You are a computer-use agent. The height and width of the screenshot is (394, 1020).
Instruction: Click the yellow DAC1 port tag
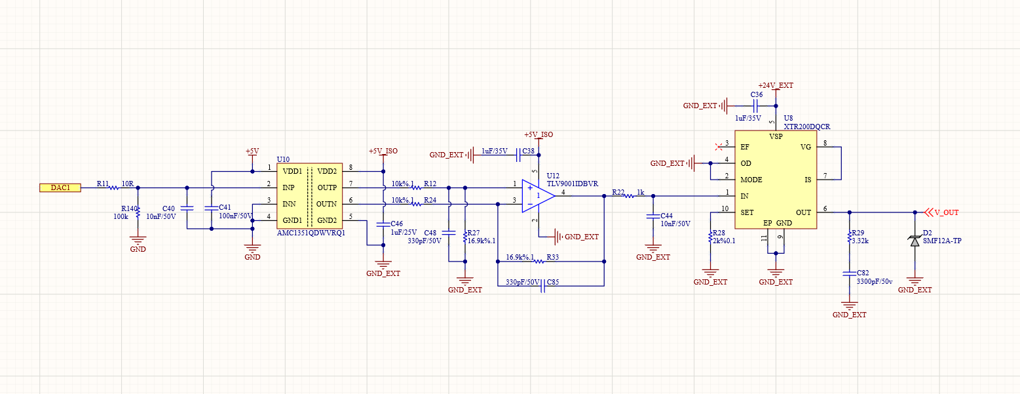tap(60, 187)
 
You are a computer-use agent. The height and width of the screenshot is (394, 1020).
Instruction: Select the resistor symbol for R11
tap(114, 187)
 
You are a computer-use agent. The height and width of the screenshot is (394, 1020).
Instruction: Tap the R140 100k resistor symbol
tap(138, 212)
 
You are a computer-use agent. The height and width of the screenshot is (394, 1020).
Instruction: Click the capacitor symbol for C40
tap(187, 208)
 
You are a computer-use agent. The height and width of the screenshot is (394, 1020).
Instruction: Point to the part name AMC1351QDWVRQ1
tap(311, 233)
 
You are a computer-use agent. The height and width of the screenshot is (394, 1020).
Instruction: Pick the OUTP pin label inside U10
tap(327, 187)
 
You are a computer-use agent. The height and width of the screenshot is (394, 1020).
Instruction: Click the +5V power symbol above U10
tap(252, 153)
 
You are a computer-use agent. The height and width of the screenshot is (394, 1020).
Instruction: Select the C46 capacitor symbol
tap(383, 224)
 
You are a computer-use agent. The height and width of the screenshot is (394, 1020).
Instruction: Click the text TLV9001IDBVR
tap(573, 184)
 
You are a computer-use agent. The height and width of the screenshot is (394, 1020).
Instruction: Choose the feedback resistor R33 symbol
tap(539, 262)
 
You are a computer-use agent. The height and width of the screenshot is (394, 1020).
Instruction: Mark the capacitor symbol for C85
tap(543, 286)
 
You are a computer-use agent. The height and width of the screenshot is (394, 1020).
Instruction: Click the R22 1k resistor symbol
tap(630, 196)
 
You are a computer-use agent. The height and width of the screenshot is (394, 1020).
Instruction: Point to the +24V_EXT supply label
tap(776, 85)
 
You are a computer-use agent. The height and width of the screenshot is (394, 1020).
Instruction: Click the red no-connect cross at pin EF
tap(719, 147)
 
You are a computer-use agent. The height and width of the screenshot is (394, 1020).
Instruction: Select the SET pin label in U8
tap(747, 212)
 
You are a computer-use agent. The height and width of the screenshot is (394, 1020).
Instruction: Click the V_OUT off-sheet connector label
tap(947, 212)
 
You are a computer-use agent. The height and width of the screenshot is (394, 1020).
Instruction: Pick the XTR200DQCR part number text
tap(807, 127)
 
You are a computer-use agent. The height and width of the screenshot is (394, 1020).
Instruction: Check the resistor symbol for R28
tap(710, 237)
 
